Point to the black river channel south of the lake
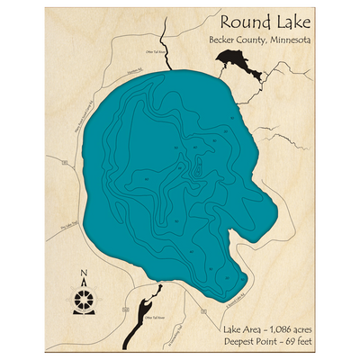pyautogui.click(x=148, y=302)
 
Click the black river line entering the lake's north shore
pyautogui.click(x=166, y=49)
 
